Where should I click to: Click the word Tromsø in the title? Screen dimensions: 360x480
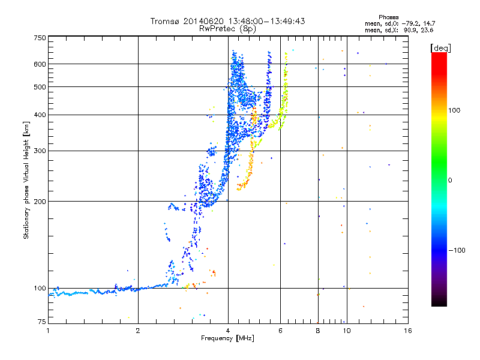pos(163,21)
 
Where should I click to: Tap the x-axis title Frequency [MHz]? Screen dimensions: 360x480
pos(227,338)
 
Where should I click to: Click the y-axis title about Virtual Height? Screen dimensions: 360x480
pos(26,181)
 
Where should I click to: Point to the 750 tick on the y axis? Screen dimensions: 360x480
pos(40,37)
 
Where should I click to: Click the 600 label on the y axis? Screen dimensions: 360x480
pos(40,64)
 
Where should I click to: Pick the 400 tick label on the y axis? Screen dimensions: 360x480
pos(40,115)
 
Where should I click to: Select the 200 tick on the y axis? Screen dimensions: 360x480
pos(40,201)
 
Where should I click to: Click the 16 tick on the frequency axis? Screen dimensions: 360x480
pos(407,331)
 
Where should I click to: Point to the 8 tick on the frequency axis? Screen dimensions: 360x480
pos(318,331)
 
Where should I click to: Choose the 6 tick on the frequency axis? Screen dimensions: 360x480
pos(280,331)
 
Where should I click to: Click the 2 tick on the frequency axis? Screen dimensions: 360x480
pos(138,331)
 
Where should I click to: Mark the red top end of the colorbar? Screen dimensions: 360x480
pos(439,55)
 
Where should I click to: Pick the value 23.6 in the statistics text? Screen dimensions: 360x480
pos(427,29)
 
